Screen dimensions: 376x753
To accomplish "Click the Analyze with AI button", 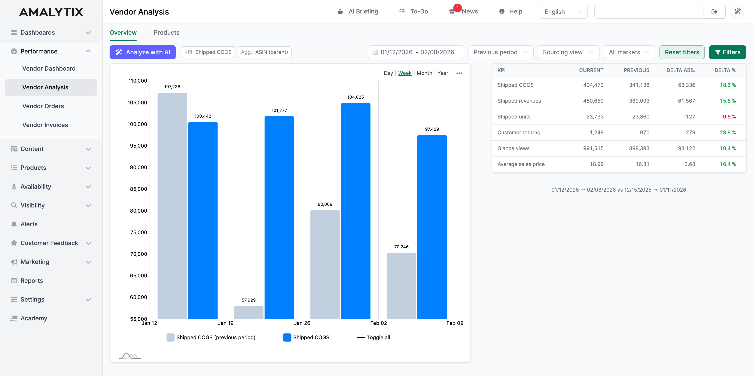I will [x=142, y=52].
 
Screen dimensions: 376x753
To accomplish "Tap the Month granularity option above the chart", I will [x=424, y=73].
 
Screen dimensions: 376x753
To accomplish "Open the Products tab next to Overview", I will [x=166, y=33].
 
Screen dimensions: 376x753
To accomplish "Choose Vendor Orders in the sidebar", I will [x=43, y=106].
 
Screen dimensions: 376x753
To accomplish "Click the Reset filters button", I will [x=682, y=52].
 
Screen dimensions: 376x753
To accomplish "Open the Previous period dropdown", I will [x=500, y=52].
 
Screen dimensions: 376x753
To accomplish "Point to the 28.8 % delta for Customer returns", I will [x=727, y=132].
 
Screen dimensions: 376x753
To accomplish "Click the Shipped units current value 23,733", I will [x=595, y=117].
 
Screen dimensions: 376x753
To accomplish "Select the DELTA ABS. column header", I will [x=680, y=70].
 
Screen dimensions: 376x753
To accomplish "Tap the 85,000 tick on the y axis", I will [x=138, y=189].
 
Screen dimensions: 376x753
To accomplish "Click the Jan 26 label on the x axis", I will [x=302, y=323].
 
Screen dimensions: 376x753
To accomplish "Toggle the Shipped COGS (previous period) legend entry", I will [x=211, y=337].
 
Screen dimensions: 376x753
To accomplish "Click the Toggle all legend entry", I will [x=374, y=337].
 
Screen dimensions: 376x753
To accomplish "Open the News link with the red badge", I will [x=469, y=11].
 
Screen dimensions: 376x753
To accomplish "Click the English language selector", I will [x=563, y=12].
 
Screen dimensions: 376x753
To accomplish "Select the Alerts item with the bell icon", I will [x=29, y=224].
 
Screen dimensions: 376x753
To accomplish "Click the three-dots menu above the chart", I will [x=459, y=73].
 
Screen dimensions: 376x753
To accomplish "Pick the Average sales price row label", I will [x=521, y=164].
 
